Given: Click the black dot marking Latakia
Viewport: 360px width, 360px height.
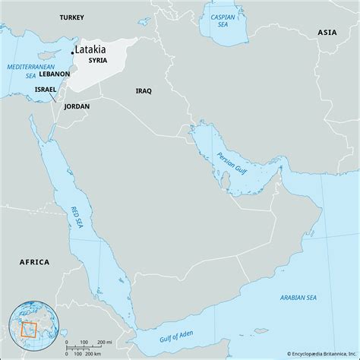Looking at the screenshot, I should tap(73, 52).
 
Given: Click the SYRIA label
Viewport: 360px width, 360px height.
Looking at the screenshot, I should tap(97, 60).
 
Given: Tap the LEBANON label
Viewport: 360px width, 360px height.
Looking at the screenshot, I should tap(53, 74).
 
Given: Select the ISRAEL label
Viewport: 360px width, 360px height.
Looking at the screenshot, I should tap(46, 89).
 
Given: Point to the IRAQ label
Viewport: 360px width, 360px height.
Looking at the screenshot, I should tap(143, 90).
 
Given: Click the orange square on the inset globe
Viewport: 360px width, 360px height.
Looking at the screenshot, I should tap(30, 330).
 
